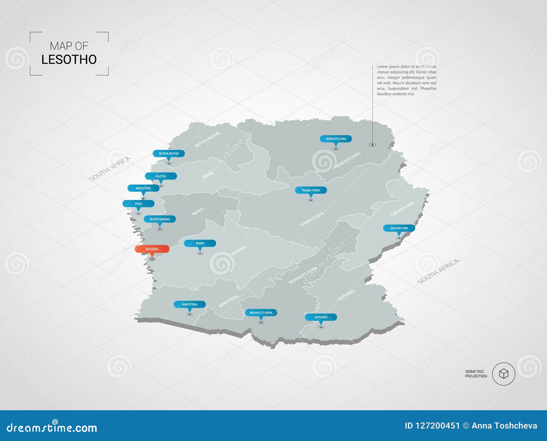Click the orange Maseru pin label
(152, 249)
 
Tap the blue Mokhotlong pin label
(336, 139)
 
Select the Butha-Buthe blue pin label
(169, 153)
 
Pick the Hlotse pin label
(161, 176)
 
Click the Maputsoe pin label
(143, 188)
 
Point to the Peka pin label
(138, 204)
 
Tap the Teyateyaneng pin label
(160, 219)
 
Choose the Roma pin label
(200, 243)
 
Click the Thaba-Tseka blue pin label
(311, 190)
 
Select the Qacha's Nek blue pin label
(399, 228)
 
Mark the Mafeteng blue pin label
(190, 304)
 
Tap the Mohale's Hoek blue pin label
(261, 313)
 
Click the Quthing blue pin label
(321, 317)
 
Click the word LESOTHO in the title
(69, 59)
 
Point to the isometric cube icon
(504, 374)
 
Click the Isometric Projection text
(476, 374)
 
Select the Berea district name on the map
(198, 212)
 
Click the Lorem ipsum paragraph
(406, 80)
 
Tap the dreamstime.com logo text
(52, 428)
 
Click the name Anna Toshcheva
(504, 426)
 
